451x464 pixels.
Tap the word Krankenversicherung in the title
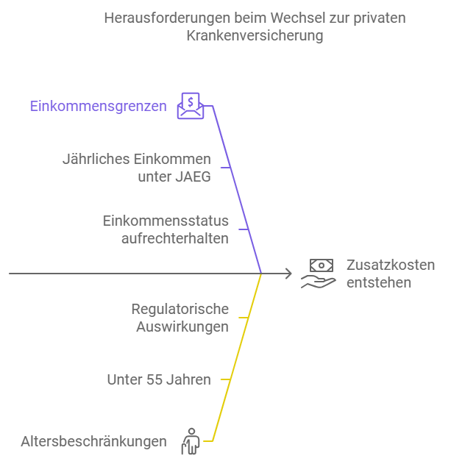point(255,36)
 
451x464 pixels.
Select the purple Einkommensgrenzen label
point(99,107)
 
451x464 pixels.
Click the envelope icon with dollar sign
point(191,106)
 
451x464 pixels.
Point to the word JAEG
point(193,176)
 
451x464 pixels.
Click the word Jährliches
point(96,160)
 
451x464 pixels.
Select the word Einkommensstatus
point(166,221)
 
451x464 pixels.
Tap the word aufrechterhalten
point(175,238)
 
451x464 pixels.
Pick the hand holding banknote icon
point(319,274)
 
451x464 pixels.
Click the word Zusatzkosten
point(391,265)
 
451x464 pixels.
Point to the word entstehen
point(379,282)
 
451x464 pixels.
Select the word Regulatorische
point(180,310)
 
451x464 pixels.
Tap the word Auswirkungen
point(182,327)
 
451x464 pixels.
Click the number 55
point(155,379)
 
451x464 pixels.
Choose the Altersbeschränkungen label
point(93,441)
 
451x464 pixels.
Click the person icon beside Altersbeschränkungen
point(191,441)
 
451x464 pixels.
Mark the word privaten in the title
point(380,18)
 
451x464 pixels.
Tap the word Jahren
point(188,379)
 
